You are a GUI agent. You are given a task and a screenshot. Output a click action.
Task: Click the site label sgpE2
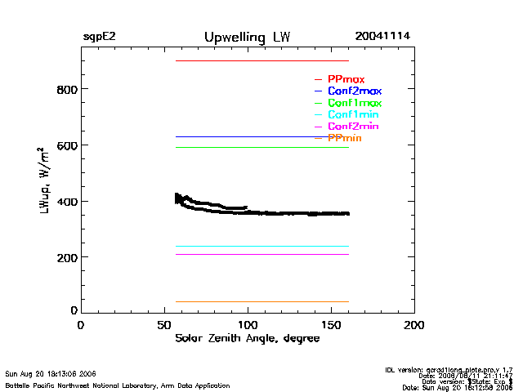pos(99,37)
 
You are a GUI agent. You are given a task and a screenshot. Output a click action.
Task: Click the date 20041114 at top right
pos(382,37)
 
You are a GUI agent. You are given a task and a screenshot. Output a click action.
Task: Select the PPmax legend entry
pos(346,79)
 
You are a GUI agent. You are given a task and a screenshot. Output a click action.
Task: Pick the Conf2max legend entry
pos(354,91)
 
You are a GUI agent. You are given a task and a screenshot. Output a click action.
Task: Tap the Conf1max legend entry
pos(354,104)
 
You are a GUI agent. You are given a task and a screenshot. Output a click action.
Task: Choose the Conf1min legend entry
pos(353,115)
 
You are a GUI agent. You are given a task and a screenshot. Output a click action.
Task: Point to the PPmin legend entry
pos(344,139)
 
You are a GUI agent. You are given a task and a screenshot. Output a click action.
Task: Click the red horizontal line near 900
pos(261,60)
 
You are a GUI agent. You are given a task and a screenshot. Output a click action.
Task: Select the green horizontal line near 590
pos(261,147)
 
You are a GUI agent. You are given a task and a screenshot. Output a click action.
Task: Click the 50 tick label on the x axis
pos(164,325)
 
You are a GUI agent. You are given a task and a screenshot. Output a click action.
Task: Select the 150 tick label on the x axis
pos(331,325)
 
